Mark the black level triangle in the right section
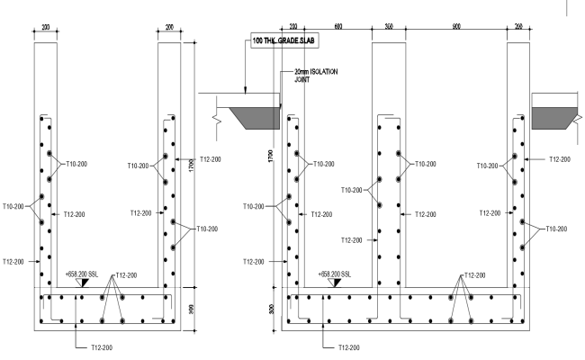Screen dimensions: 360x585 pyautogui.click(x=336, y=283)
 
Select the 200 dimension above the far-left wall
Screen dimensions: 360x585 pyautogui.click(x=46, y=27)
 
